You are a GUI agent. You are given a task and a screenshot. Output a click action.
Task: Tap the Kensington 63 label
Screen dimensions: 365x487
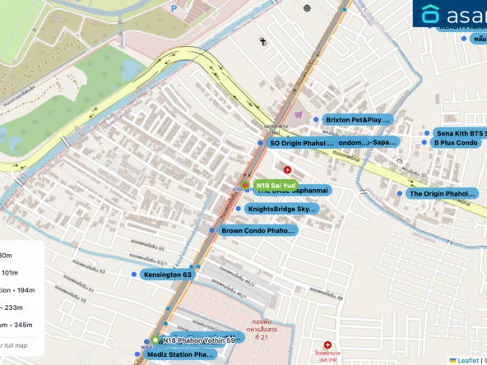point(167,274)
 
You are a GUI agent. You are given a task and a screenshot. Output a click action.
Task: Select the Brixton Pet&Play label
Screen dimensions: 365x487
point(357,120)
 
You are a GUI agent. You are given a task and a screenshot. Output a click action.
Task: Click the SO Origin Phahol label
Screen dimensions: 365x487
point(302,143)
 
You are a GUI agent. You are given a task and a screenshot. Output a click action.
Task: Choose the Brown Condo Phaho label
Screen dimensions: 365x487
point(257,231)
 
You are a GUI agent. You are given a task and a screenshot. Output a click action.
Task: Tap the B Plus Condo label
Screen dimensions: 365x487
point(456,142)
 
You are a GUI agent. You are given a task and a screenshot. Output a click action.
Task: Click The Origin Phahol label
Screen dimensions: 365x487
point(442,194)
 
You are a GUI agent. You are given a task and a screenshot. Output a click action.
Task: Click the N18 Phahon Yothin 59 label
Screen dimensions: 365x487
point(202,340)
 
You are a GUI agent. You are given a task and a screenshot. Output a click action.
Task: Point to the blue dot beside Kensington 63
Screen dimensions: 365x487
point(133,274)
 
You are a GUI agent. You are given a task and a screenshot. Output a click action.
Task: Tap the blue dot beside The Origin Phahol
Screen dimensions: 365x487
point(401,194)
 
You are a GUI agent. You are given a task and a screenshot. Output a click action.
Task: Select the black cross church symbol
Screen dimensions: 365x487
point(263,40)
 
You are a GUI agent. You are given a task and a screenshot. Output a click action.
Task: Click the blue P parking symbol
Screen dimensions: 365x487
point(174,7)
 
